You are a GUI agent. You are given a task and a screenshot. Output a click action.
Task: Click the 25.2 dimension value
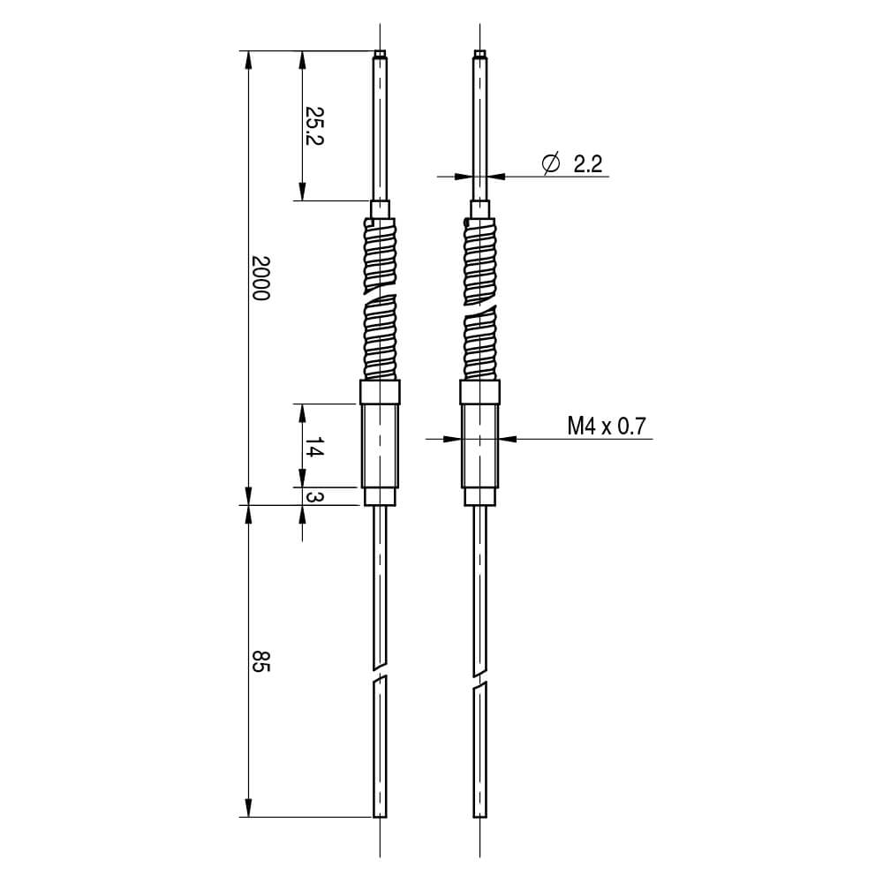click(313, 125)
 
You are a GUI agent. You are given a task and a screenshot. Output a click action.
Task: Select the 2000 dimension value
click(260, 278)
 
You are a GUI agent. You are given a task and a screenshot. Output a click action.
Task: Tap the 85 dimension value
click(260, 660)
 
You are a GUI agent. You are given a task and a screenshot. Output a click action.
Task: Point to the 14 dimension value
click(313, 447)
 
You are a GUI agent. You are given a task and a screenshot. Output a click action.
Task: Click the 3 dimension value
click(313, 496)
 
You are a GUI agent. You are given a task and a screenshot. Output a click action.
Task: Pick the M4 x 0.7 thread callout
click(607, 426)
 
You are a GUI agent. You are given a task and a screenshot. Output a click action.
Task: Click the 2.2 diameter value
click(588, 164)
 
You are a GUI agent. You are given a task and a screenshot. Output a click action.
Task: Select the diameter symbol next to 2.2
click(551, 163)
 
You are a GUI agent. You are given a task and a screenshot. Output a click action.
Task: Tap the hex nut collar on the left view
click(380, 392)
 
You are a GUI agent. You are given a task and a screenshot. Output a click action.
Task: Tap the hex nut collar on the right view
click(479, 392)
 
